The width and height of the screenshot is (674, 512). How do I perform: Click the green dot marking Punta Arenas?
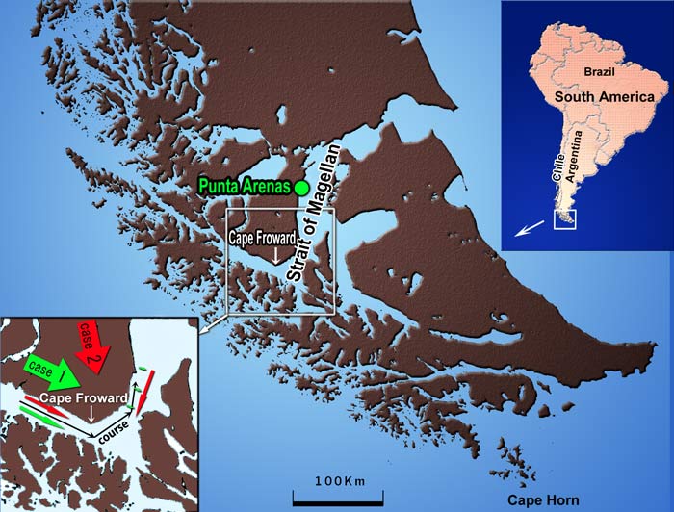click(301, 188)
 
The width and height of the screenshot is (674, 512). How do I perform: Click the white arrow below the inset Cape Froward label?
click(91, 414)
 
